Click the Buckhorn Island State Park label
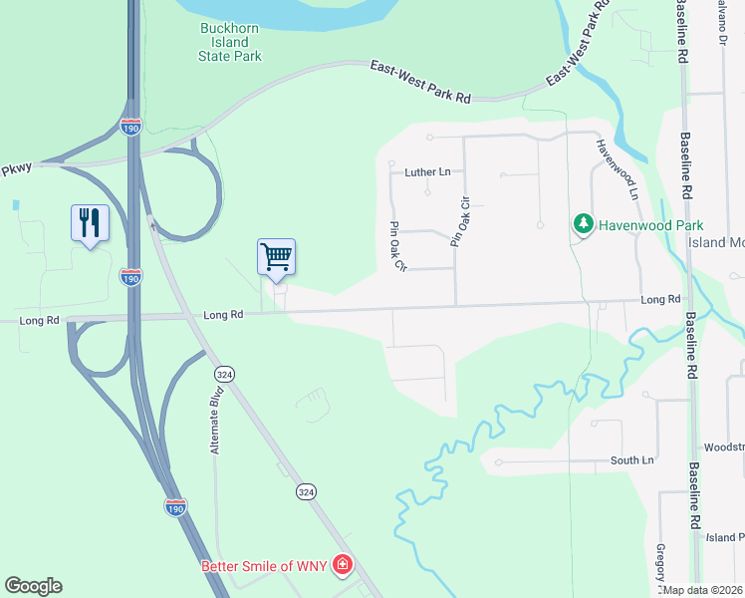[229, 43]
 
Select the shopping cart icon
[277, 256]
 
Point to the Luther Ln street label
[427, 172]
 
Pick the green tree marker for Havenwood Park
[583, 225]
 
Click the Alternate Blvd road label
[214, 421]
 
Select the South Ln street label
[632, 460]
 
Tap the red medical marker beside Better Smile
[342, 566]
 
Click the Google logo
[33, 586]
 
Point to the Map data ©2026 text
[703, 590]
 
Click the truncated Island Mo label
[716, 242]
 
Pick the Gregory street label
[660, 564]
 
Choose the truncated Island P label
[724, 537]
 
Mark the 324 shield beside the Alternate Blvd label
[224, 373]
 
